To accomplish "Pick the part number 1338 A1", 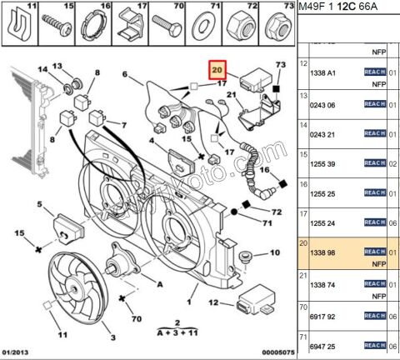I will [323, 72].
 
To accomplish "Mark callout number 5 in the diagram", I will [38, 204].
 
